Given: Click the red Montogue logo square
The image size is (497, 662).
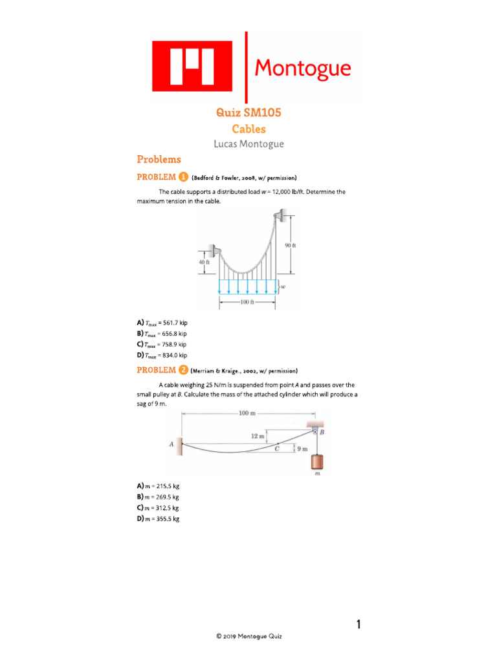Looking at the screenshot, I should [x=192, y=66].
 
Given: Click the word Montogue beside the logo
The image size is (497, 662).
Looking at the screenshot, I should [x=303, y=68].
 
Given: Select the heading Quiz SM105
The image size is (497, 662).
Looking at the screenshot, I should [x=248, y=113].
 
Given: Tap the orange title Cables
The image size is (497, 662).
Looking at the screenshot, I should [x=248, y=129].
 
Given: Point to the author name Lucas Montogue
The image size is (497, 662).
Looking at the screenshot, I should [x=248, y=144].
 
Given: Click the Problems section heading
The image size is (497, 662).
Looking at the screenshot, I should [x=159, y=160].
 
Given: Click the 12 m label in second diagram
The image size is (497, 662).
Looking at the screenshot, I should [x=257, y=436].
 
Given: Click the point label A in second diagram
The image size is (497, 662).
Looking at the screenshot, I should [x=171, y=444].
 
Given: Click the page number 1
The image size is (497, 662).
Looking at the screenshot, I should [x=358, y=625].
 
